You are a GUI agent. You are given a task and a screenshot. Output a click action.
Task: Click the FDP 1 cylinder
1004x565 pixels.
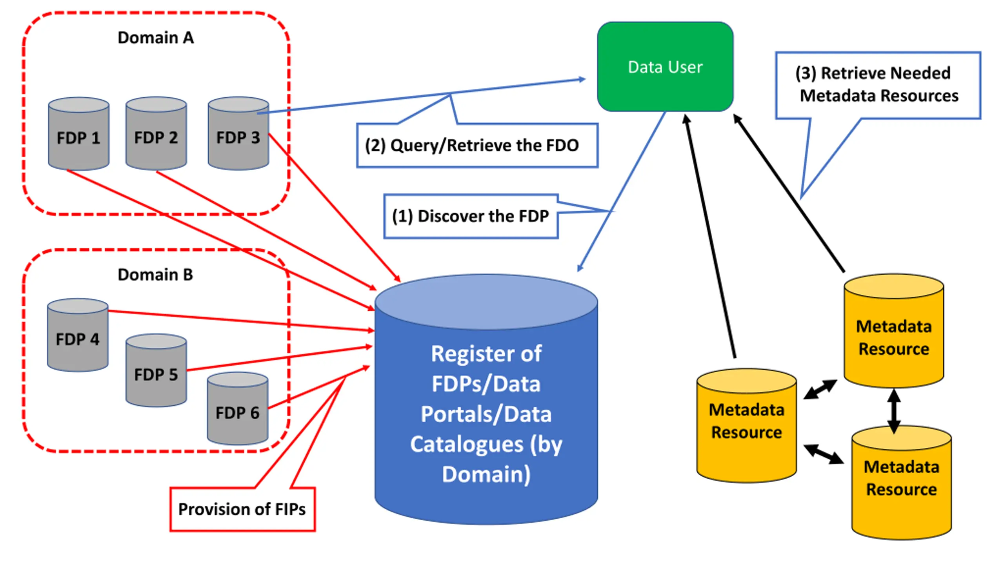tap(78, 134)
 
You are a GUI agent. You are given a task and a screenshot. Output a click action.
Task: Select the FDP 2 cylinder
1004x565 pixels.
tap(156, 133)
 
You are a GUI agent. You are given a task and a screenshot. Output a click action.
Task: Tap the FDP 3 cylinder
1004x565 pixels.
tap(238, 133)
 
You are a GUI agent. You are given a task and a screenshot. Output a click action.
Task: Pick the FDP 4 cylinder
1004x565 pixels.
tap(78, 335)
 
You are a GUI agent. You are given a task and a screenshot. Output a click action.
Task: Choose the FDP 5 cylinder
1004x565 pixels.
tap(156, 370)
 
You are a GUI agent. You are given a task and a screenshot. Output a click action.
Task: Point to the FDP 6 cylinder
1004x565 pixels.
tap(238, 408)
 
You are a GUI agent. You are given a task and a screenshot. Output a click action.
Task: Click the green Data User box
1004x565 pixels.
tap(665, 67)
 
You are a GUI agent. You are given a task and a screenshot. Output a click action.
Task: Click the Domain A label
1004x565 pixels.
tap(156, 38)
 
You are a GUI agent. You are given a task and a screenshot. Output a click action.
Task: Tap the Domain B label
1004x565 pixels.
tap(155, 275)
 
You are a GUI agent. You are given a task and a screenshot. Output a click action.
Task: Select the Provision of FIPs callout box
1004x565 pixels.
tap(242, 509)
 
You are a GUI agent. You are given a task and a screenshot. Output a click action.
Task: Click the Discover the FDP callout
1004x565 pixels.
tap(471, 216)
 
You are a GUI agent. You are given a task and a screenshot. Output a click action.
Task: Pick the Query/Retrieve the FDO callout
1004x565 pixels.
tap(477, 146)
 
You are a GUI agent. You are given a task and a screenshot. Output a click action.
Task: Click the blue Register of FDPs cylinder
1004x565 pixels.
tap(486, 399)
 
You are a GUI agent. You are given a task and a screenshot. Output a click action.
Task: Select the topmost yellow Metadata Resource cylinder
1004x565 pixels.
tap(894, 331)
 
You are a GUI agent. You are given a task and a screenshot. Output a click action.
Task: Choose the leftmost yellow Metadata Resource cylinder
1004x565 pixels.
tap(747, 425)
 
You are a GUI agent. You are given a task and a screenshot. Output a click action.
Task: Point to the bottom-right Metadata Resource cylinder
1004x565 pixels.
tap(902, 483)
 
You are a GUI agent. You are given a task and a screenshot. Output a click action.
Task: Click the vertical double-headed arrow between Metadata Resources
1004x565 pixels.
tap(894, 411)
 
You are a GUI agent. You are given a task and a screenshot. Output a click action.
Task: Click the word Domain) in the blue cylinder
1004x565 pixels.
tap(486, 474)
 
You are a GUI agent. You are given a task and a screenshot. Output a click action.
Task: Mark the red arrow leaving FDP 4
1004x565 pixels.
tap(241, 321)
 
